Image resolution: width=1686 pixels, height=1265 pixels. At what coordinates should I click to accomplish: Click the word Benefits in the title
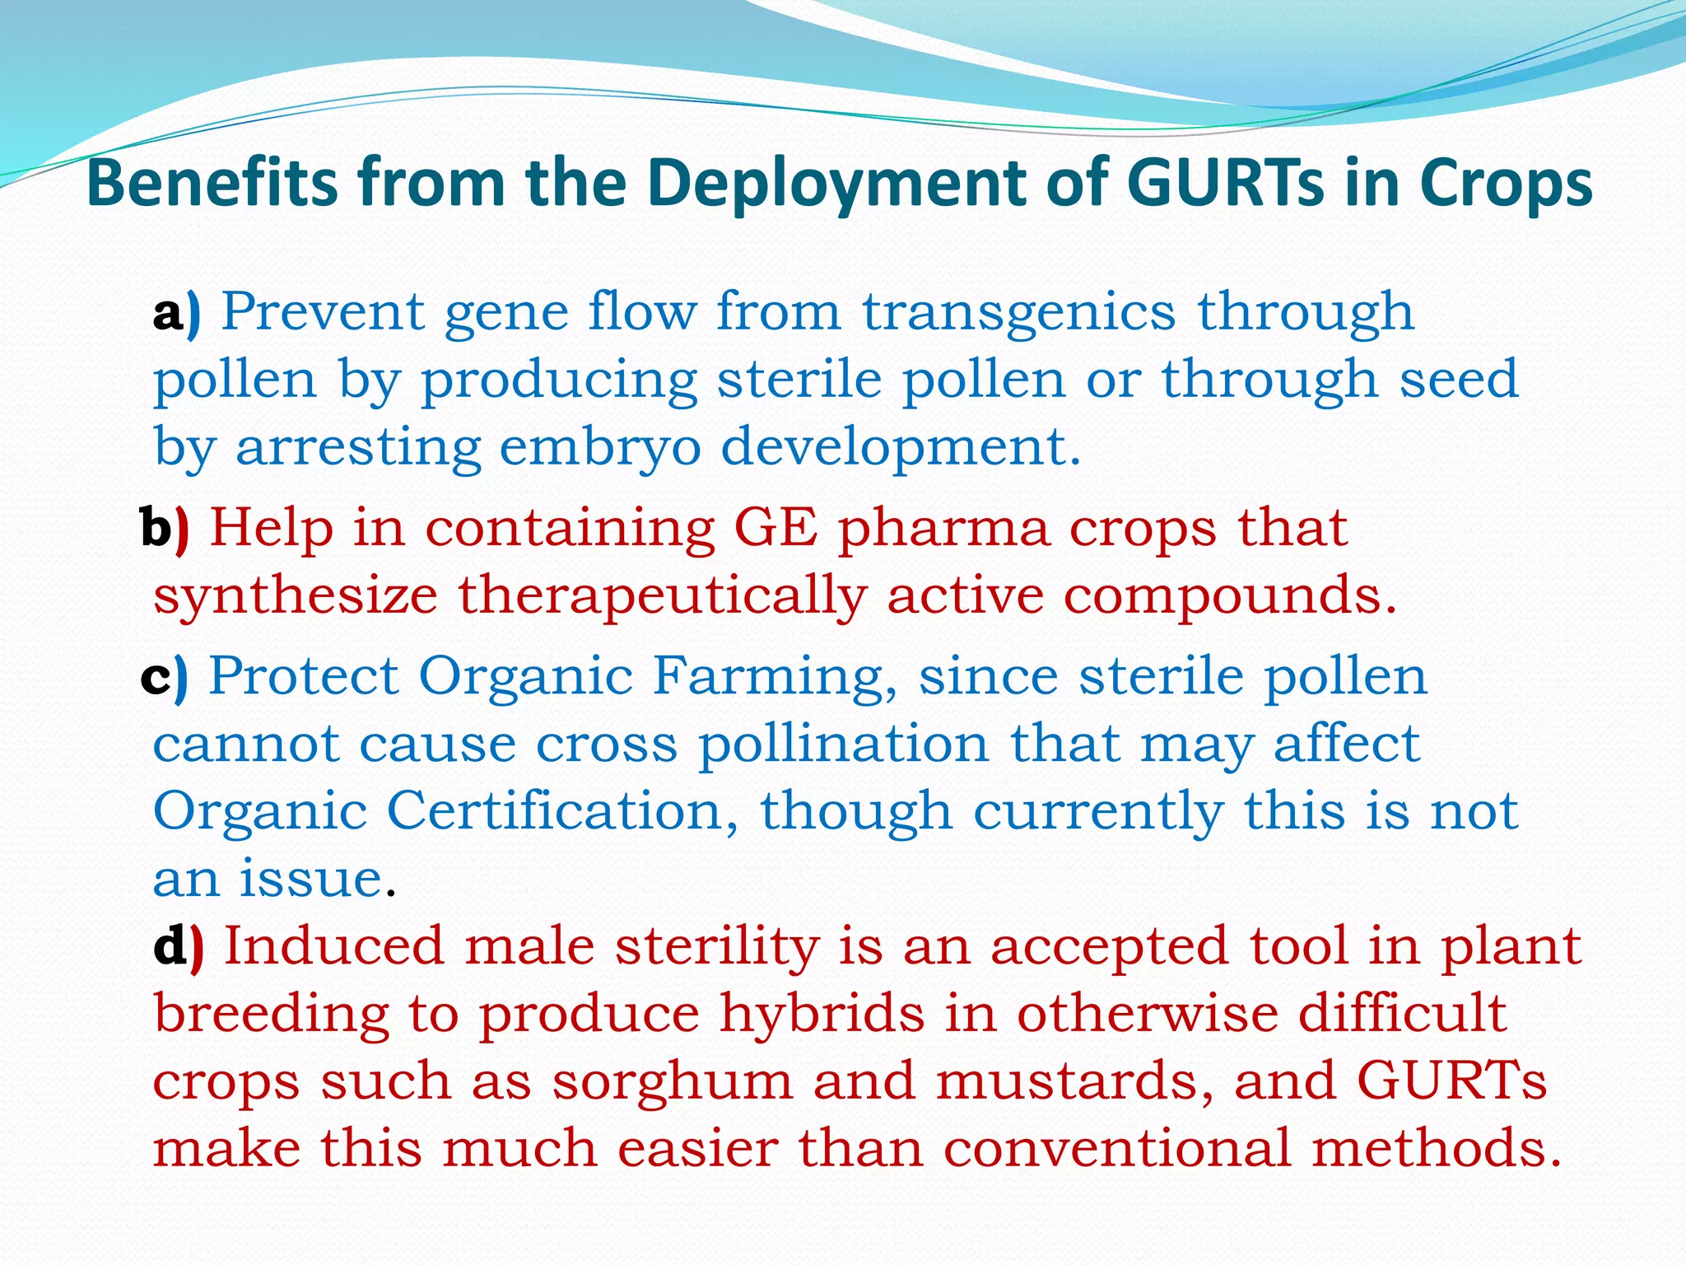point(212,183)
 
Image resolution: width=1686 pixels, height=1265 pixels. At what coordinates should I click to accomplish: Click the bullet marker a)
point(176,313)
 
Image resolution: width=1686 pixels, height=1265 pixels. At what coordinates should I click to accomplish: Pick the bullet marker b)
point(165,528)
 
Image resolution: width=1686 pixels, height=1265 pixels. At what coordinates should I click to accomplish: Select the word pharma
point(944,530)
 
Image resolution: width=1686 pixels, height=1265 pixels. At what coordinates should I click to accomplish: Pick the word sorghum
point(672,1081)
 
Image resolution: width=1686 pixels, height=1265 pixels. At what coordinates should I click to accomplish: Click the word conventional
point(1118,1149)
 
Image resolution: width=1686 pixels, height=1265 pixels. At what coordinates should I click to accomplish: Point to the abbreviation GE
point(775,528)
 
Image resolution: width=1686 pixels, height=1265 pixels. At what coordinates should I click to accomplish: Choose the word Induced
point(333,947)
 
